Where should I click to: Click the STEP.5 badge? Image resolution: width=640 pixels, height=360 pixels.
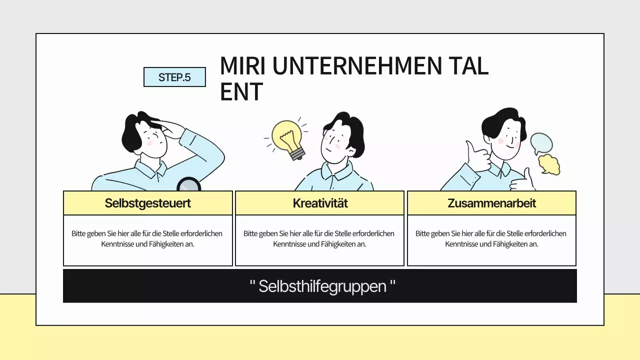[x=174, y=77]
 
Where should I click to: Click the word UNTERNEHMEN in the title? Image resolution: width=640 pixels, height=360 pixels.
[x=357, y=66]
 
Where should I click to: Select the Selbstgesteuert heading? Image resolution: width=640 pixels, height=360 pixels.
[x=147, y=203]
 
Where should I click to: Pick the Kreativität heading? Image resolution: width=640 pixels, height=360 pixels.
[x=320, y=203]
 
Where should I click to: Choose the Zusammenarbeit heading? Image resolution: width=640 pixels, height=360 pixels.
[x=491, y=203]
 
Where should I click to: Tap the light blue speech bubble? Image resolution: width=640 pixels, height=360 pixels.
[x=541, y=143]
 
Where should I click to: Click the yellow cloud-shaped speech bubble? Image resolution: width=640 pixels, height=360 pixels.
[x=549, y=164]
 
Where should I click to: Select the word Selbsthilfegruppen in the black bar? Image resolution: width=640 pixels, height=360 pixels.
[x=322, y=286]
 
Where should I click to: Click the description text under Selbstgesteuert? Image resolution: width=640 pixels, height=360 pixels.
[x=147, y=238]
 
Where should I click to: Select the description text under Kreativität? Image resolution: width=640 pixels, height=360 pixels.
[x=319, y=238]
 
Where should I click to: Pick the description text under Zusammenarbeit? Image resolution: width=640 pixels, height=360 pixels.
[x=491, y=238]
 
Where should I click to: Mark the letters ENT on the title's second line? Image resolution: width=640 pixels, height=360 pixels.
[x=241, y=91]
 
